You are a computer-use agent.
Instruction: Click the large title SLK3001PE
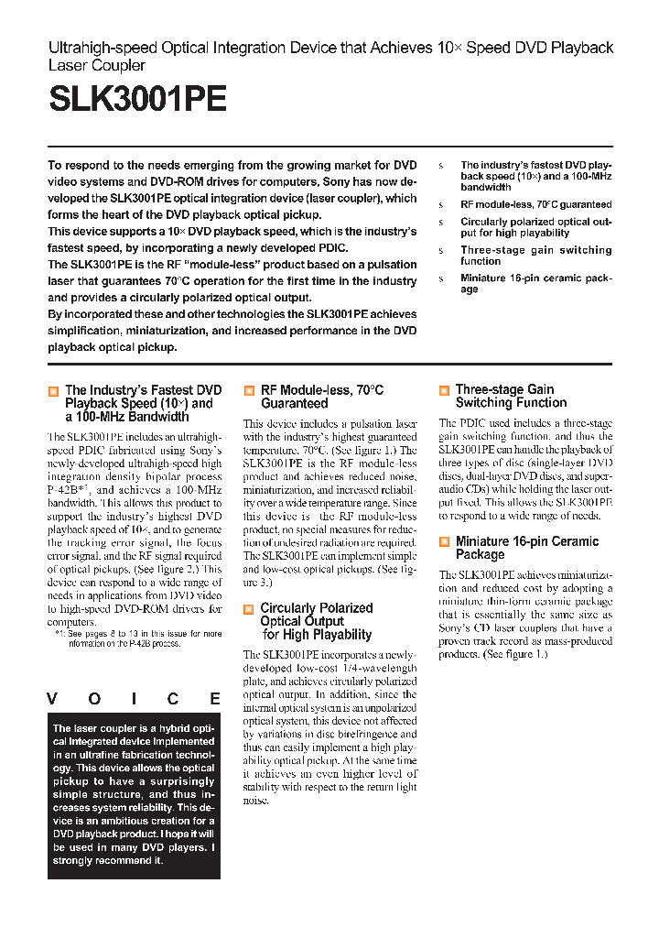136,99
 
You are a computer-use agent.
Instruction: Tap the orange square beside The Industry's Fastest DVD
53,391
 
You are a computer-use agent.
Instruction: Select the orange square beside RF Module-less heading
249,391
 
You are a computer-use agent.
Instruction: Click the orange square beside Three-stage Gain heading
444,391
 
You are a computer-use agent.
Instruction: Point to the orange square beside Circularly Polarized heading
249,609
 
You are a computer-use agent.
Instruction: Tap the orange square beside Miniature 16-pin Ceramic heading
444,542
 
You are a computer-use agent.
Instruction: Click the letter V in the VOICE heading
54,699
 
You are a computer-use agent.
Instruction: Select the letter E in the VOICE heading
214,699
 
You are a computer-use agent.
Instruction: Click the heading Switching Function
511,403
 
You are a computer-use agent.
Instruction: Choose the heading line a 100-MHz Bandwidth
126,417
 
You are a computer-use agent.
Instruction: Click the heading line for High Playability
317,635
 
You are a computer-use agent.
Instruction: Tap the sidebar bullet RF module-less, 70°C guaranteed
535,204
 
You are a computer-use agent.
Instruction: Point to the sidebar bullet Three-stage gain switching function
535,256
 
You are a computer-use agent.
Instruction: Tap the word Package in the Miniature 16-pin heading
480,555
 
